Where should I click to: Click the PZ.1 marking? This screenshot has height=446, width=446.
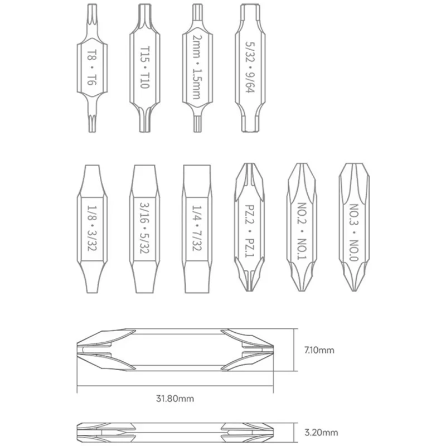coord(249,246)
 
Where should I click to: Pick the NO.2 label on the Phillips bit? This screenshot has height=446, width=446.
coord(302,212)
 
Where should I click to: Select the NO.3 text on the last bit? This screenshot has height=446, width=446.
coord(354,214)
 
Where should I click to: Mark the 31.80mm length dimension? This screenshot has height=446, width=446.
coord(174,399)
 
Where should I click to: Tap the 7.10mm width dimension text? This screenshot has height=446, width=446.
coord(319,350)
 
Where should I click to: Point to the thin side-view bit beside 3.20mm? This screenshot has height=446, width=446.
coord(174,432)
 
